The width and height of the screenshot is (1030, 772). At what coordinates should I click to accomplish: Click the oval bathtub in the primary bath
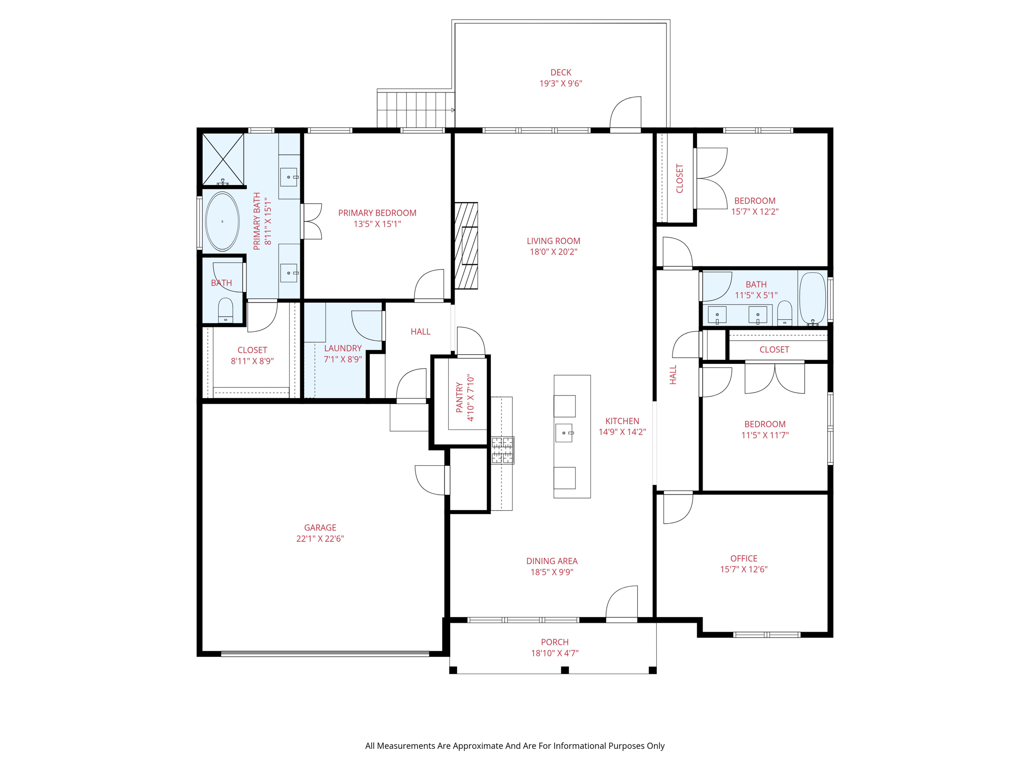[x=222, y=221]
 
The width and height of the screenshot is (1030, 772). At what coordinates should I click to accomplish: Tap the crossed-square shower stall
[x=223, y=159]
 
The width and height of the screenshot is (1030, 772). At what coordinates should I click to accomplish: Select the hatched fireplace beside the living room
[x=466, y=246]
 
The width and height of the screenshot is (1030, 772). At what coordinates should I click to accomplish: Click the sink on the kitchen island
[x=564, y=433]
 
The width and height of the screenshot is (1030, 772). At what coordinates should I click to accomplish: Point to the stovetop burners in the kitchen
[x=503, y=450]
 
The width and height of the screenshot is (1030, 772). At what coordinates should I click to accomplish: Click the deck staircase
[x=416, y=109]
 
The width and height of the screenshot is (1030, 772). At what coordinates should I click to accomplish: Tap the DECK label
[x=561, y=72]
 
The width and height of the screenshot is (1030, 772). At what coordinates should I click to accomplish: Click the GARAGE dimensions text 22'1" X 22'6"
[x=320, y=539]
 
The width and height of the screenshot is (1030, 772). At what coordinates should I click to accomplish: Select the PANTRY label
[x=459, y=398]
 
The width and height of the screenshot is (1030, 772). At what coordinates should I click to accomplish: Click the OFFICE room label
[x=744, y=558]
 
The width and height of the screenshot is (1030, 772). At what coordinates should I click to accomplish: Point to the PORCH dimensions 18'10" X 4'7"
[x=555, y=653]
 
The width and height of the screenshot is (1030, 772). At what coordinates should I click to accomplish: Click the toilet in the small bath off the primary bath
[x=225, y=311]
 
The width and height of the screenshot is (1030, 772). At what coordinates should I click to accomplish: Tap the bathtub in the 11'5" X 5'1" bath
[x=812, y=299]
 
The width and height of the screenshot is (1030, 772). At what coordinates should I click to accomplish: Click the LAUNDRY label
[x=343, y=348]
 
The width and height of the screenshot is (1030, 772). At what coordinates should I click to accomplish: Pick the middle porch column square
[x=565, y=670]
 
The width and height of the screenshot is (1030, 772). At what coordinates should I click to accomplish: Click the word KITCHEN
[x=622, y=421]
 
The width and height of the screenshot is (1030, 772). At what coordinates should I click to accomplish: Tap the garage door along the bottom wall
[x=325, y=654]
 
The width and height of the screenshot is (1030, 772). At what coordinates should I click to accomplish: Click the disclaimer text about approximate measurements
[x=515, y=746]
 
